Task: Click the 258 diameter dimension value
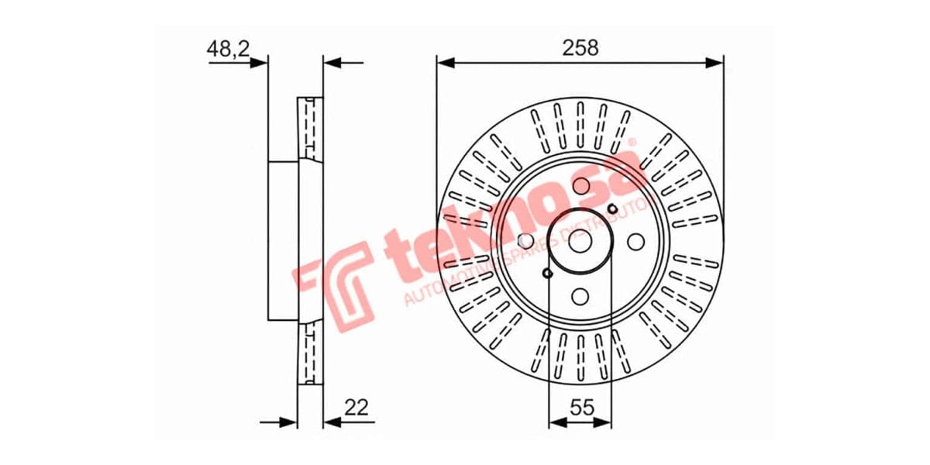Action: pyautogui.click(x=580, y=47)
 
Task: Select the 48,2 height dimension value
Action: pyautogui.click(x=227, y=49)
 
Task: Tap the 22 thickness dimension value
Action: pyautogui.click(x=357, y=406)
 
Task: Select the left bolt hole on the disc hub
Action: pyautogui.click(x=525, y=242)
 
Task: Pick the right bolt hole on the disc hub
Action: pyautogui.click(x=635, y=242)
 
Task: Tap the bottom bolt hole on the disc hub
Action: pyautogui.click(x=580, y=296)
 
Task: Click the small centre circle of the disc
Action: pyautogui.click(x=580, y=242)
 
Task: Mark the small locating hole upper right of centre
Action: pyautogui.click(x=612, y=208)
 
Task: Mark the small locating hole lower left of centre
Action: pyautogui.click(x=547, y=274)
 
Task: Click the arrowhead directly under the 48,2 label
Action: pyautogui.click(x=260, y=64)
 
